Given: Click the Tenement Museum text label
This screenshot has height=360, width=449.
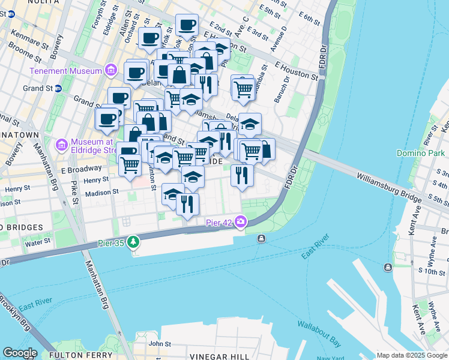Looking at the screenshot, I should pyautogui.click(x=66, y=71).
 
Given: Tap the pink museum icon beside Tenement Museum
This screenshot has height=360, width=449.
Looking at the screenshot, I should pyautogui.click(x=110, y=71).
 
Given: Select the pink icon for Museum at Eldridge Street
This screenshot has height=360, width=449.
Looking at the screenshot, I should pyautogui.click(x=61, y=145).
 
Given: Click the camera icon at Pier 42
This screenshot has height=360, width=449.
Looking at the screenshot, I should pyautogui.click(x=241, y=222).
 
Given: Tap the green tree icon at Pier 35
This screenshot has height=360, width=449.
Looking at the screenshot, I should pyautogui.click(x=133, y=242).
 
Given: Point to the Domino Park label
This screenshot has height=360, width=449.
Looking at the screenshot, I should pyautogui.click(x=420, y=154).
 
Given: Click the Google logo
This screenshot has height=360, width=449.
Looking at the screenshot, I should pyautogui.click(x=19, y=353).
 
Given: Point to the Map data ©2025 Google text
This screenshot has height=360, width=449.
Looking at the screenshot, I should pyautogui.click(x=412, y=355).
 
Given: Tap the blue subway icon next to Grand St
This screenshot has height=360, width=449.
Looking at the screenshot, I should pyautogui.click(x=58, y=88).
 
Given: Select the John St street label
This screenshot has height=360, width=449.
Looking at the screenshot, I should pyautogui.click(x=160, y=344).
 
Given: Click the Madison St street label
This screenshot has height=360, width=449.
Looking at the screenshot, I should pyautogui.click(x=101, y=193).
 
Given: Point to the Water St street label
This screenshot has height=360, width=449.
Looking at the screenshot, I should pyautogui.click(x=38, y=243).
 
